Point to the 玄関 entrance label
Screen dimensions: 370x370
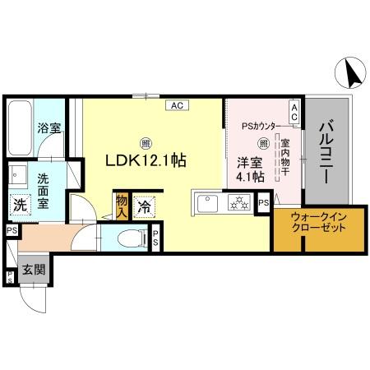point(33,269)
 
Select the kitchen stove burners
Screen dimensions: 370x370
point(238,201)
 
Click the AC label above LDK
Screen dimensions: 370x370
point(178,104)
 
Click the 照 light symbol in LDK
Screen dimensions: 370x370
point(145,140)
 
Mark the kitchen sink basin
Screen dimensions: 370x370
point(205,202)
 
